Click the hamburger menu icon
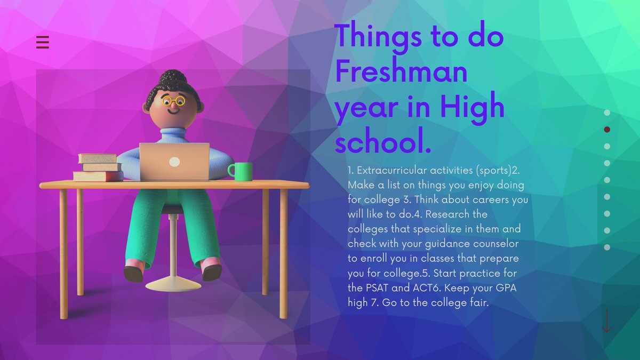point(43,42)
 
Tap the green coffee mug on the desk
point(242,171)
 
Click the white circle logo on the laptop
point(174,162)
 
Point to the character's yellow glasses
point(173,100)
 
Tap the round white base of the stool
point(173,284)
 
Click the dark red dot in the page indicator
point(607,130)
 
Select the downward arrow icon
point(606,321)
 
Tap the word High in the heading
point(473,106)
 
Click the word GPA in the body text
point(507,288)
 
